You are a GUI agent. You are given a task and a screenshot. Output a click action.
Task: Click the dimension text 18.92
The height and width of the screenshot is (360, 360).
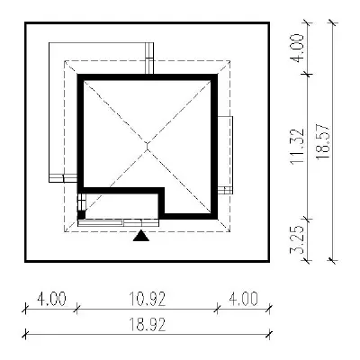pyautogui.click(x=148, y=325)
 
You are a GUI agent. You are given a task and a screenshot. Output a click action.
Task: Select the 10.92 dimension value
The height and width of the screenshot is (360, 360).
pyautogui.click(x=148, y=299)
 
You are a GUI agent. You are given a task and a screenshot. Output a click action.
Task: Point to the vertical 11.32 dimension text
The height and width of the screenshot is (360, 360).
pyautogui.click(x=297, y=147)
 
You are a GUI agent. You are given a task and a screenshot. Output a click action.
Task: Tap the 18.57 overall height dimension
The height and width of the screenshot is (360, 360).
pyautogui.click(x=323, y=142)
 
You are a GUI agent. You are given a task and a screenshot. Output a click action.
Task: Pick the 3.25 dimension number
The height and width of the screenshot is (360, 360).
pyautogui.click(x=297, y=239)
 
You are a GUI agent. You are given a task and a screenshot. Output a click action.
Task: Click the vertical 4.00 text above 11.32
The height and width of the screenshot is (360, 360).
pyautogui.click(x=297, y=48)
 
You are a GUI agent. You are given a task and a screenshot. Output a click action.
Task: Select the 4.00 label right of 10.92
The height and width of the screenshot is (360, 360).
pyautogui.click(x=243, y=299)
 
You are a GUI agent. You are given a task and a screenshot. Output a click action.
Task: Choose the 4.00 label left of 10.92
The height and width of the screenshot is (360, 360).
pyautogui.click(x=51, y=299)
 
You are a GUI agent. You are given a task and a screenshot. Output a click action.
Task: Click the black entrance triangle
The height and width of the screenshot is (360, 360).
pyautogui.click(x=141, y=236)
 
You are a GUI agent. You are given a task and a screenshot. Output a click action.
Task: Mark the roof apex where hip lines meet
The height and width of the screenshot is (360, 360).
pyautogui.click(x=147, y=146)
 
